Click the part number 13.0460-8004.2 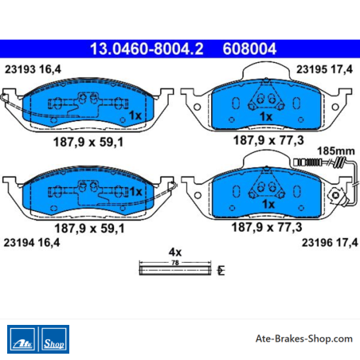point(147,49)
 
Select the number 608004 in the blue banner point(249,49)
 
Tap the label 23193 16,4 point(33,69)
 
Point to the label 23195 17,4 point(324,69)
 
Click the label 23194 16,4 point(32,242)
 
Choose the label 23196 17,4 point(330,242)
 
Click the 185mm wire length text point(336,151)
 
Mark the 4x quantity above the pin point(175,252)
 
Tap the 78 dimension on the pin point(175,263)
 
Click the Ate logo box point(22,339)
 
